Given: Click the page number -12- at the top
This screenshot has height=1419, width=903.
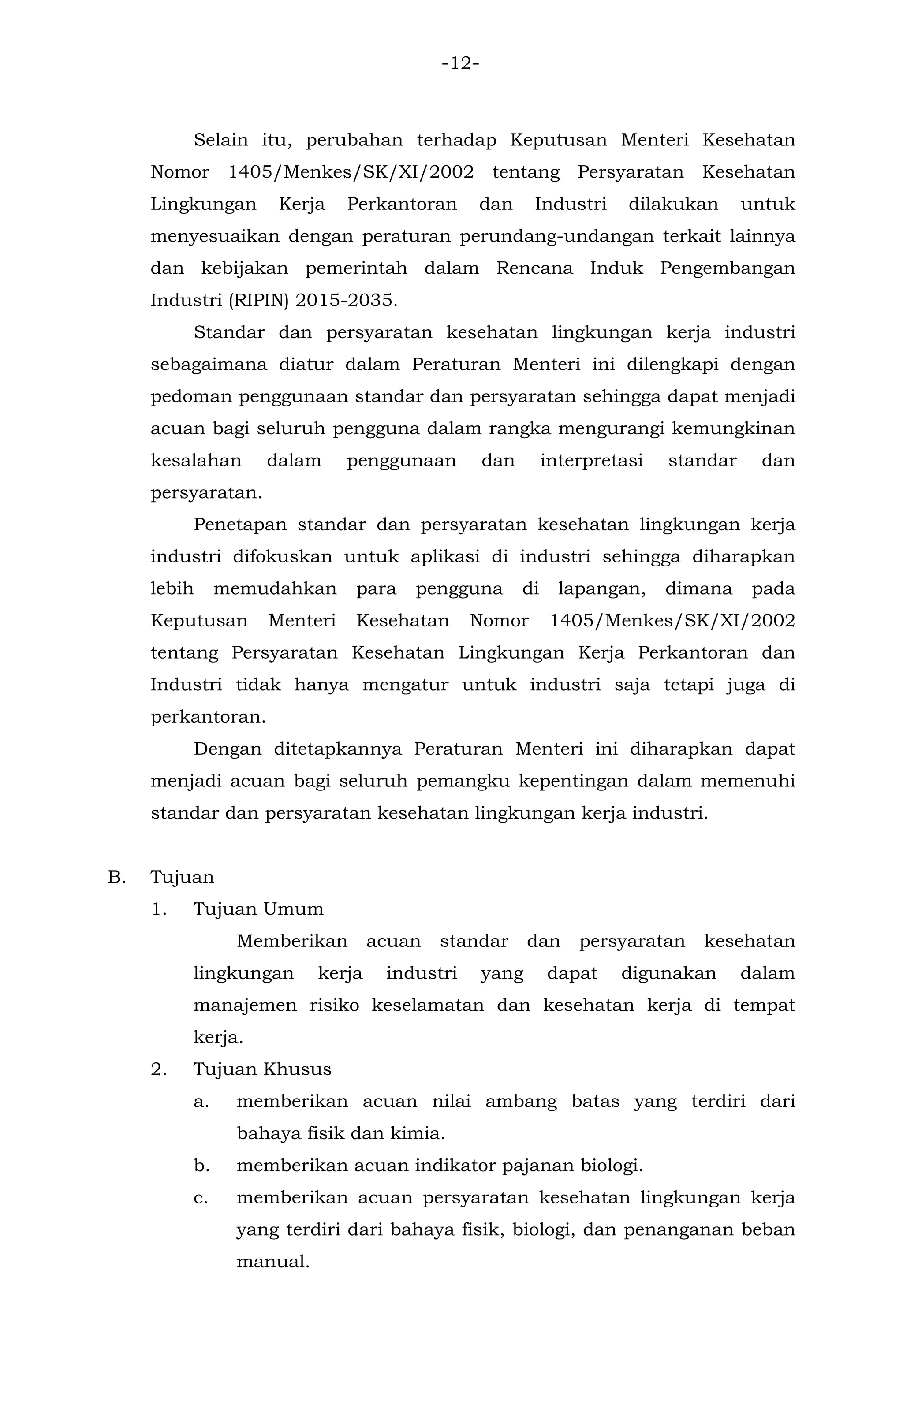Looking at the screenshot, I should point(460,63).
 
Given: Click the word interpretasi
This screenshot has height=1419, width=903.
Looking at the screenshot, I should point(591,461).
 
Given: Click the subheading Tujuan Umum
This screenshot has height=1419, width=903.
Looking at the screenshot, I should point(258,909).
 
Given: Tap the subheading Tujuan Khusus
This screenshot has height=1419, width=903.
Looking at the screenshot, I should point(262,1069).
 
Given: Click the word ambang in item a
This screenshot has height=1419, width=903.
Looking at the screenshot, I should point(521,1101).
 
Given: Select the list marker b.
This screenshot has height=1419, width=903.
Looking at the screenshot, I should point(201,1166).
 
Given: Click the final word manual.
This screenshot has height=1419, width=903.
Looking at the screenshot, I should point(272,1262).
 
